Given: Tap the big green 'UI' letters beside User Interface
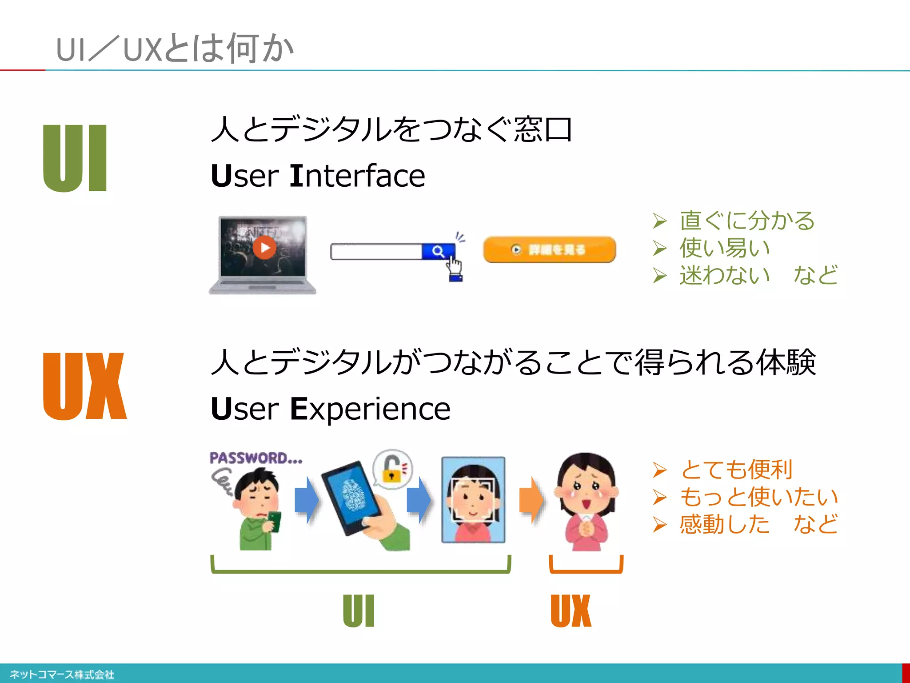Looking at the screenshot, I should (75, 158).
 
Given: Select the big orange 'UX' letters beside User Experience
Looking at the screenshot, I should (85, 386).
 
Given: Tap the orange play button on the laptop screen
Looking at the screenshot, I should (264, 247).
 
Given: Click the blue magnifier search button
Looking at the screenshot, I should (438, 251).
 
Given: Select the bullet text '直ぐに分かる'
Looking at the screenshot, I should (747, 221).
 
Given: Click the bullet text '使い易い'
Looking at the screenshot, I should (725, 248).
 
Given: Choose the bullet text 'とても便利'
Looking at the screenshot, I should (736, 470).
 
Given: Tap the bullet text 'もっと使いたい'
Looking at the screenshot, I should (759, 497).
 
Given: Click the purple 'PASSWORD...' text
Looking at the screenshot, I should (256, 458).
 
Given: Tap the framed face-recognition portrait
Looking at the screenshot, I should (473, 500).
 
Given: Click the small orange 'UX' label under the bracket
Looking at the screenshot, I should (571, 611).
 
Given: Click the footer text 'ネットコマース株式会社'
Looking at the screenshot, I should (62, 675).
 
